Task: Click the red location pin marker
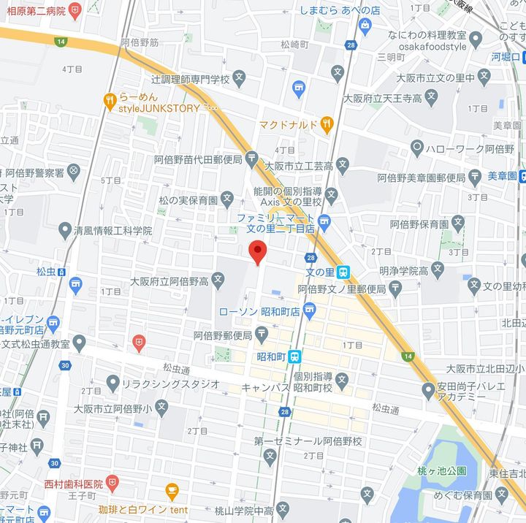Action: click(257, 252)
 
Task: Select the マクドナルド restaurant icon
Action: click(327, 124)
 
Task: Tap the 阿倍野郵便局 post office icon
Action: click(262, 335)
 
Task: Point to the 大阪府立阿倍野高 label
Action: click(169, 280)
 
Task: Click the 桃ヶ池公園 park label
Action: click(442, 470)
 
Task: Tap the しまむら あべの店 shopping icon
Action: click(365, 26)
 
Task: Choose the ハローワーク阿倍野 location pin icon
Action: click(417, 148)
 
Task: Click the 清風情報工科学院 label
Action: click(113, 230)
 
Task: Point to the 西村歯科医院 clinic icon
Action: click(111, 483)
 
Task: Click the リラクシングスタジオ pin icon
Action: click(112, 383)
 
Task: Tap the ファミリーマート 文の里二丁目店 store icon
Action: click(324, 221)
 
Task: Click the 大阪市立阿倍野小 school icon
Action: click(161, 407)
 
